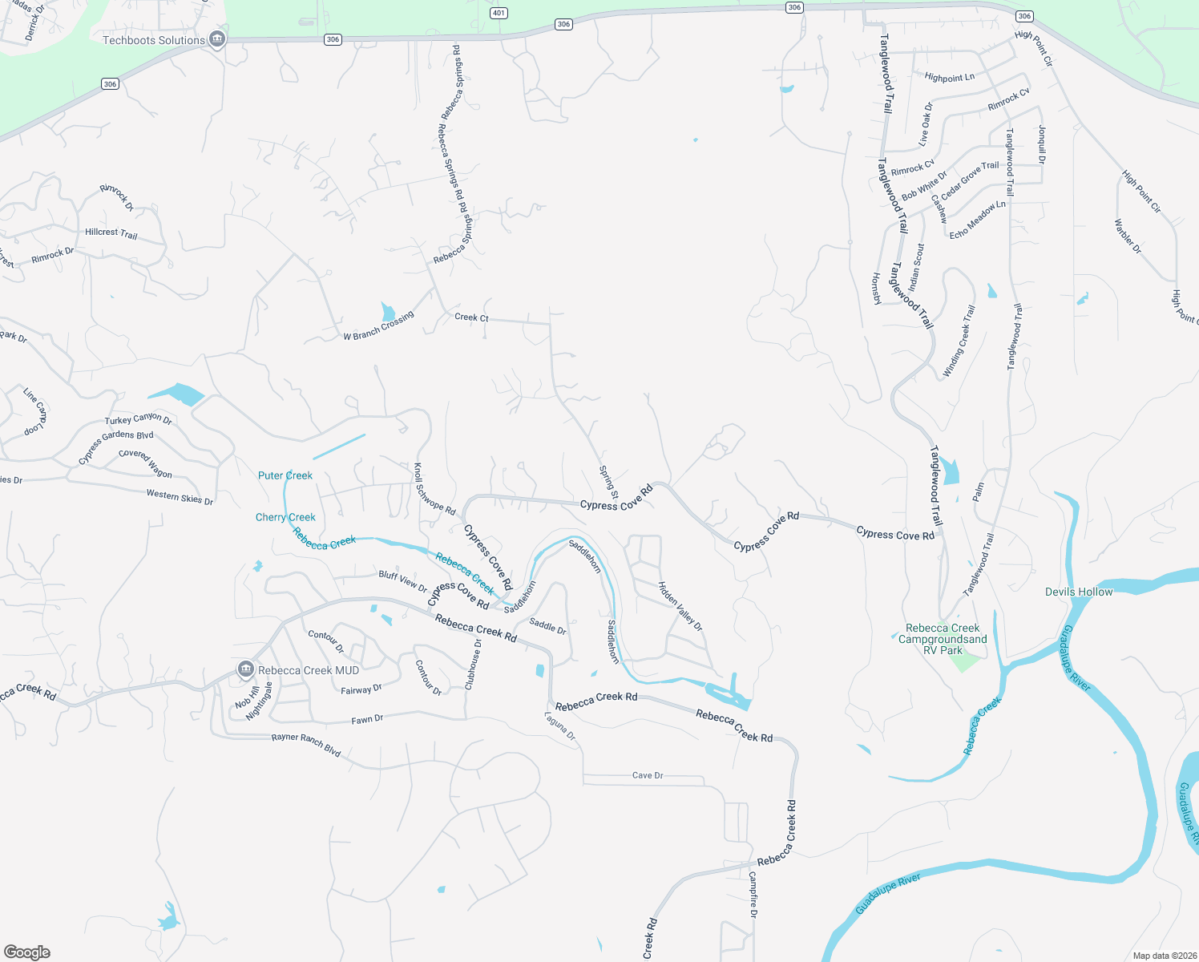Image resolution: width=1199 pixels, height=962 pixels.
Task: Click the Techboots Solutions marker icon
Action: (x=216, y=39)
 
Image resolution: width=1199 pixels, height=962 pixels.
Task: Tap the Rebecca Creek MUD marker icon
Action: (x=246, y=669)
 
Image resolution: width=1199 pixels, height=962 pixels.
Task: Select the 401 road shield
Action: (x=499, y=13)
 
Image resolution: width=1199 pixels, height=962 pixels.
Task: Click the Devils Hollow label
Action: (x=1079, y=592)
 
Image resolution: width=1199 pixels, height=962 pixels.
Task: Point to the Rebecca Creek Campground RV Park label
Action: (x=943, y=639)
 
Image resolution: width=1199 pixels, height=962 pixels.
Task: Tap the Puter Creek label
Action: (x=285, y=475)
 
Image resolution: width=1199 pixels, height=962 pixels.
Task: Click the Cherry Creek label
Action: (x=285, y=517)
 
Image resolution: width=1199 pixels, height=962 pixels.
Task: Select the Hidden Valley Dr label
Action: (x=680, y=606)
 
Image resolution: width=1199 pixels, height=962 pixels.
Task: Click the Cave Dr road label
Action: (x=648, y=775)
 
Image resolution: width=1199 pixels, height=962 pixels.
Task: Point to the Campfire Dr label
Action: (x=753, y=895)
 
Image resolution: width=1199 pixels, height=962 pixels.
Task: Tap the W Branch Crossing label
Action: (x=379, y=325)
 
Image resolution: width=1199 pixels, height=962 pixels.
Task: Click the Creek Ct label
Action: (x=471, y=317)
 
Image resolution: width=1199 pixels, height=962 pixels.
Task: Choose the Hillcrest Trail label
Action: (x=111, y=232)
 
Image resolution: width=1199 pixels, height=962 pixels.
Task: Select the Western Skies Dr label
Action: (x=180, y=497)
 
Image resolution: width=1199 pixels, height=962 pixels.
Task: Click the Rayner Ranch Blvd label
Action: (x=306, y=745)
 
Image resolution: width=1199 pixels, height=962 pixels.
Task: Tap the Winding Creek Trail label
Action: (x=959, y=342)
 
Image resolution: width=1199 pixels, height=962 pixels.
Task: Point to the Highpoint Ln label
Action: (x=950, y=78)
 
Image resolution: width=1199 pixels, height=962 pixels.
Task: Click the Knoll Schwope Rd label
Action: (x=434, y=489)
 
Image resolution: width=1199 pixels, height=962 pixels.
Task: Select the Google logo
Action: (x=27, y=952)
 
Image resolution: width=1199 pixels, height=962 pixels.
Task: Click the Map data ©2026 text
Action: (x=1164, y=956)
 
